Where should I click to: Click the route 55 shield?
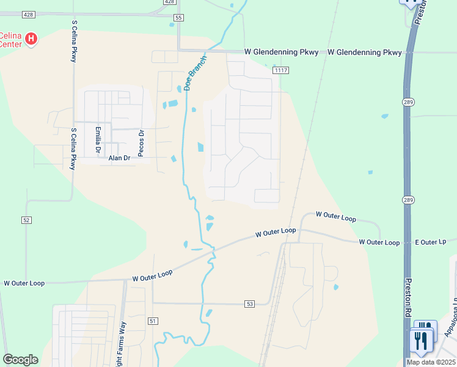(x=178, y=18)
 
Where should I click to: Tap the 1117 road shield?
(x=280, y=71)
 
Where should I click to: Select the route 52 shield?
(x=26, y=220)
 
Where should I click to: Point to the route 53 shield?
(x=249, y=303)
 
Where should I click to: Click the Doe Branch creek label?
(x=196, y=73)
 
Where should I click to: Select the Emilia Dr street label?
(x=97, y=140)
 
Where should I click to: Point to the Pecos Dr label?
(x=141, y=143)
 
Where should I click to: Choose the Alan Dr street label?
(x=120, y=158)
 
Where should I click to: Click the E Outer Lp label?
(x=431, y=243)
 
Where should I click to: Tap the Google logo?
(x=20, y=360)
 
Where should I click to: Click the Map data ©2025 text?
(x=431, y=362)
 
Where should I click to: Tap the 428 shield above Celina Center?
(x=28, y=14)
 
